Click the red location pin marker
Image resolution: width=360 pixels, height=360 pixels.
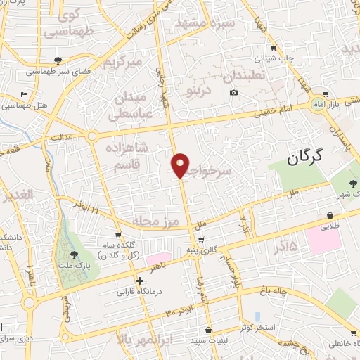(181, 165)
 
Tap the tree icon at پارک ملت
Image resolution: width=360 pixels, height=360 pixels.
(75, 254)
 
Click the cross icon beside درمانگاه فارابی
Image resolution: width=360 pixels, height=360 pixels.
(139, 281)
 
